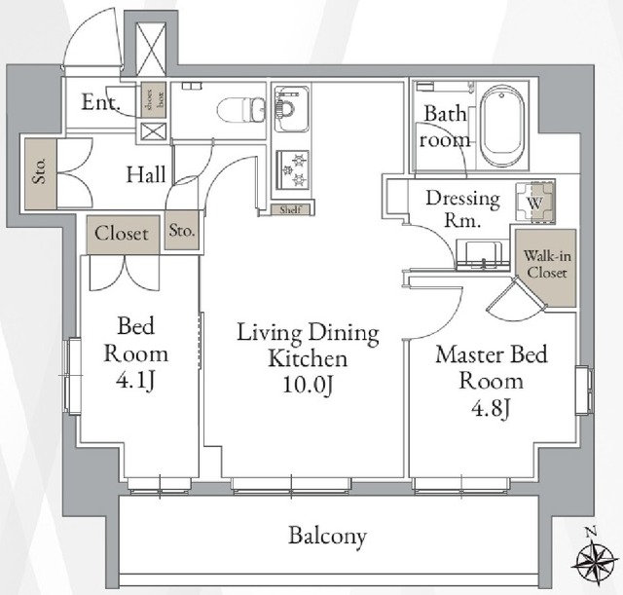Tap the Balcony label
(327, 536)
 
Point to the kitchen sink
(291, 109)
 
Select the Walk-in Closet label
(541, 264)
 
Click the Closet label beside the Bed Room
(123, 234)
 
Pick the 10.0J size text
(308, 386)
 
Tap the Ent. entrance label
(100, 104)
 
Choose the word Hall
(146, 176)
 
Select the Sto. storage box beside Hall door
(183, 232)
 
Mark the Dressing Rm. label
(462, 209)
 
